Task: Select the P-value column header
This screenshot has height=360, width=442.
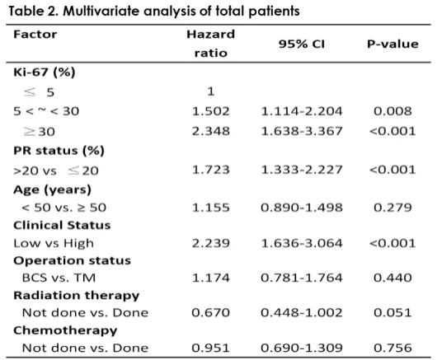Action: tap(393, 44)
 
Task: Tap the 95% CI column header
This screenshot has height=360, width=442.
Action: tap(302, 44)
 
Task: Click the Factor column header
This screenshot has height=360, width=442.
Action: tap(35, 35)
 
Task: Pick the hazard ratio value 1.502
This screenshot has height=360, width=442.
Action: tap(211, 111)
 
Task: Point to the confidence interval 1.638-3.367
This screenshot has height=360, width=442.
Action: tap(302, 131)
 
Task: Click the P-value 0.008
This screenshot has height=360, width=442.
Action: tap(393, 111)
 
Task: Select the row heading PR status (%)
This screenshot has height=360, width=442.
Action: tap(59, 151)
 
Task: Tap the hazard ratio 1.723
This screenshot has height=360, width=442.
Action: tap(211, 170)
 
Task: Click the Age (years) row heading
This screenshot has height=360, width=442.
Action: tap(53, 189)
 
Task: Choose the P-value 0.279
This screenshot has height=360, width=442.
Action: tap(393, 208)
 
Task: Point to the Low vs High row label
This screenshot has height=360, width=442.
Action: tap(54, 243)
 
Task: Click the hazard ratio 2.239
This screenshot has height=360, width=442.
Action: tap(211, 243)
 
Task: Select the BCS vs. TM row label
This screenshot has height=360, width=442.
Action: tap(59, 278)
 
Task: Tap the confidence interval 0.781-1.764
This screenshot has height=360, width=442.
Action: tap(302, 278)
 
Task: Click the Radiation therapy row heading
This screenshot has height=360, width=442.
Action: tap(77, 296)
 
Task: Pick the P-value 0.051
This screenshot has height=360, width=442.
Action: tap(393, 313)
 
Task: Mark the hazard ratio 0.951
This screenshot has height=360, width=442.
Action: tap(211, 348)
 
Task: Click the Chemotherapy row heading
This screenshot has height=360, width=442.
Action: tap(65, 330)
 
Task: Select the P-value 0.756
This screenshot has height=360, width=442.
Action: tap(393, 348)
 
